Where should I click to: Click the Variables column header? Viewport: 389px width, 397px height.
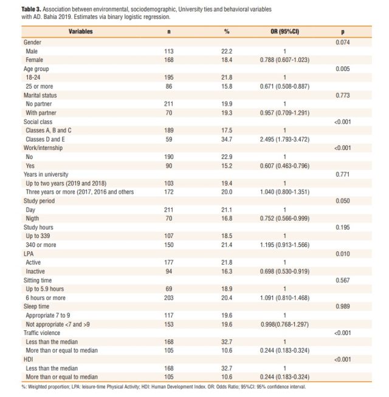80,32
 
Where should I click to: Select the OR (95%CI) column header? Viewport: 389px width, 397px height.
284,32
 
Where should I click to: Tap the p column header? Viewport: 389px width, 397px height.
343,32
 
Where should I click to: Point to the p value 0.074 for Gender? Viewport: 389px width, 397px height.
343,42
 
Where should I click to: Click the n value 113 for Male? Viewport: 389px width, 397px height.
168,52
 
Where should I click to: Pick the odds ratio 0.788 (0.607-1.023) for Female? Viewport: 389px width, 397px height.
284,60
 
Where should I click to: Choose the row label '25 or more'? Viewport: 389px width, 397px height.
40,86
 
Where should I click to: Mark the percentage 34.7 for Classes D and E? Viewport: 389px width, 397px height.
227,139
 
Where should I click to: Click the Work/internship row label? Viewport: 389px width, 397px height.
43,148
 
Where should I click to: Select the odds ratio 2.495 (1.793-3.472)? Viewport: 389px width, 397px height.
284,139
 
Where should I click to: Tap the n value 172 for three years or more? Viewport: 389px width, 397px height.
168,192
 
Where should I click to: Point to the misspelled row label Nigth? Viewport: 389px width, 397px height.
32,219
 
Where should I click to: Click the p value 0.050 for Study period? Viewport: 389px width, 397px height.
343,201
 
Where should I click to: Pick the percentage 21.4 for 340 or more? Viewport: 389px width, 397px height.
227,245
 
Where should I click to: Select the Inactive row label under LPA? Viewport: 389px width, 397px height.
35,271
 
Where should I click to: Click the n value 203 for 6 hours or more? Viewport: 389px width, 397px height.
168,297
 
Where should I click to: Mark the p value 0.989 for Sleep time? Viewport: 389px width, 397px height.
343,307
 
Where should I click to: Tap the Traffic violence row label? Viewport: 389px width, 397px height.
42,333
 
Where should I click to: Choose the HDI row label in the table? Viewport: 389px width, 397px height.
28,359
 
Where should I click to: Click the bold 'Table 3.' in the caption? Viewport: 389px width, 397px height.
31,9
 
